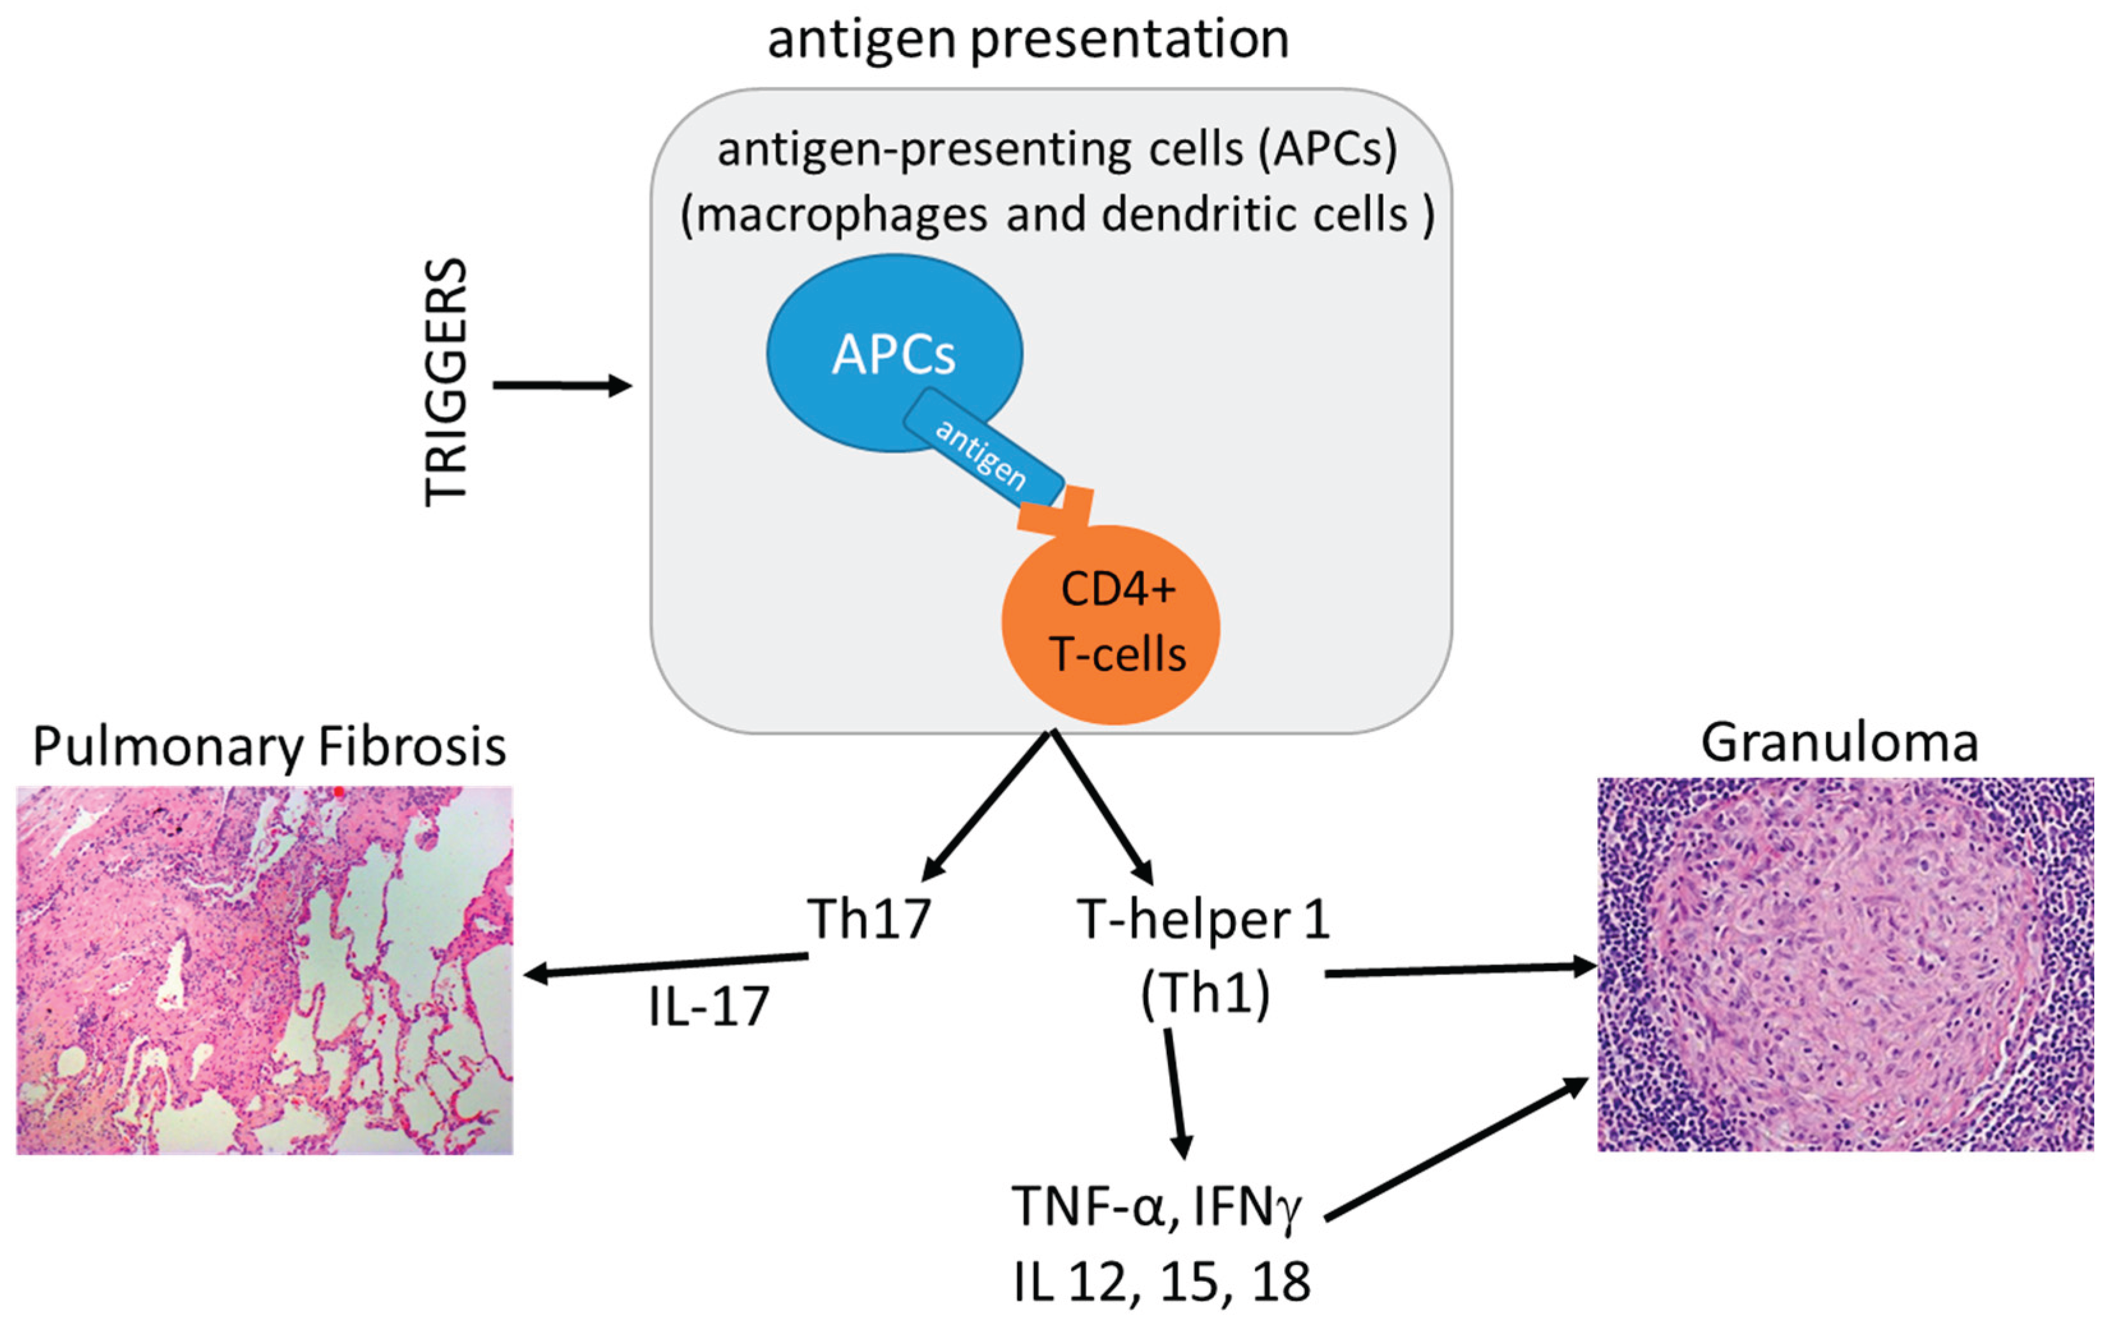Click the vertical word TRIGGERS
445,383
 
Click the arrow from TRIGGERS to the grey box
562,385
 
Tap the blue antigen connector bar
982,452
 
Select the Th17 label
868,919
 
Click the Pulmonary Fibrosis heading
269,747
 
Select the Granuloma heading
1839,743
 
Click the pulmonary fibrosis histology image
265,969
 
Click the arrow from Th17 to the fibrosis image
666,965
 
